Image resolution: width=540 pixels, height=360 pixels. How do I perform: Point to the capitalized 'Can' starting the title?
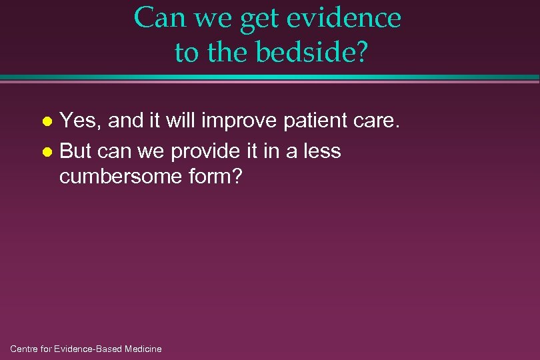click(161, 18)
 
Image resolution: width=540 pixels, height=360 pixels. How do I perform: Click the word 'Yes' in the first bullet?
click(78, 121)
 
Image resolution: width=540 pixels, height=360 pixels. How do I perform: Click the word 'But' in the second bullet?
click(75, 151)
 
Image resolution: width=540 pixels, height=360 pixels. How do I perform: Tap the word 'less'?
click(321, 151)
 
